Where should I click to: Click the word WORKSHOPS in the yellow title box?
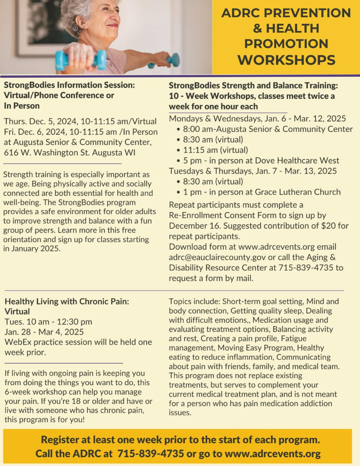[286, 60]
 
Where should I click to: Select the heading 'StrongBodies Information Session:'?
[69, 85]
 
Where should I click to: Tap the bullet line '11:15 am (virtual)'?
[215, 150]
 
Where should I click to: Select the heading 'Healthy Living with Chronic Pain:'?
[67, 301]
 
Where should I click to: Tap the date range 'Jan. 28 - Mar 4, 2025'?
[44, 332]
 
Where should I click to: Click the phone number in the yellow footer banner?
[150, 453]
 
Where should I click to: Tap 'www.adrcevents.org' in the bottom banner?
[273, 453]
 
